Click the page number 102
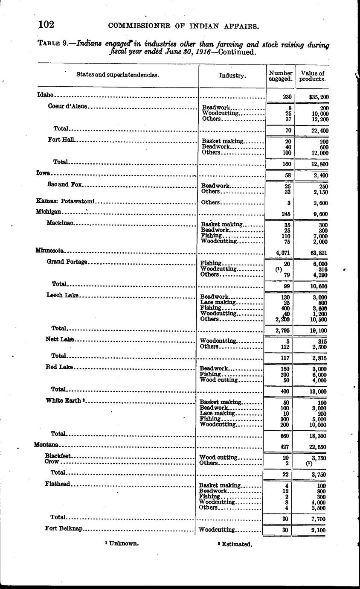(46, 24)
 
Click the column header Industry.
(232, 76)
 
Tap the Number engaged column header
(280, 76)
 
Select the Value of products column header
(312, 76)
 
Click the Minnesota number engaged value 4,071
(283, 253)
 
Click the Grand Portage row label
(67, 262)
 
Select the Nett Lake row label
(60, 339)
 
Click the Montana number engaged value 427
(285, 446)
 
